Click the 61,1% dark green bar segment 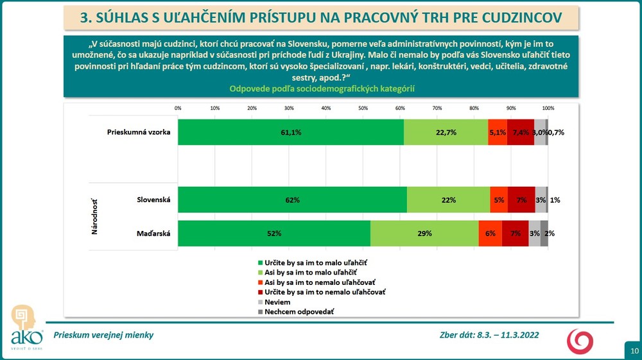(291, 132)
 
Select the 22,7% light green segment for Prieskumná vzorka (446, 132)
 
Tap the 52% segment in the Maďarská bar (274, 234)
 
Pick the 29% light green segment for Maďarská (424, 234)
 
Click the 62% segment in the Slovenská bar (292, 200)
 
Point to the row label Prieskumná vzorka (138, 132)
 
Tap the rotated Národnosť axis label (94, 216)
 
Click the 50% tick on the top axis (363, 108)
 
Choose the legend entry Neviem (277, 301)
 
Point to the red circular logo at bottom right (579, 339)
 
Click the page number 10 (633, 350)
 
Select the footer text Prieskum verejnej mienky (103, 335)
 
